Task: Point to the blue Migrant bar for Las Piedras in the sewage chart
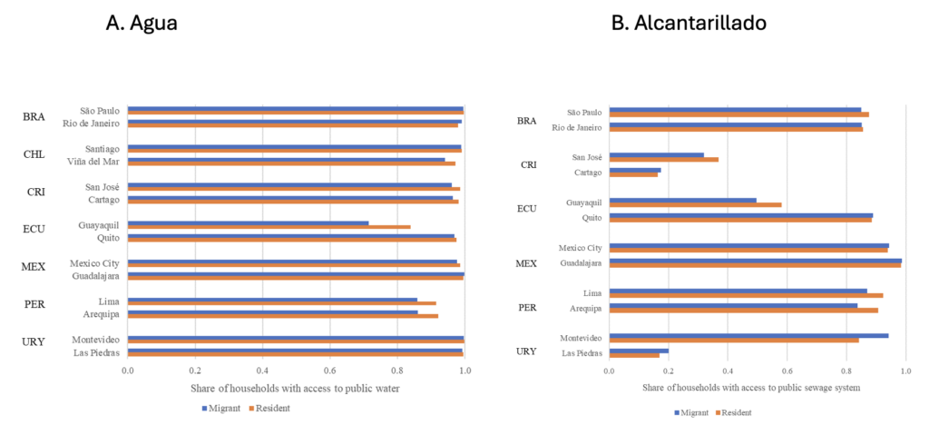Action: tap(639, 351)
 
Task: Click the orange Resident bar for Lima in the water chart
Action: tap(281, 303)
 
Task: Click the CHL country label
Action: tap(34, 154)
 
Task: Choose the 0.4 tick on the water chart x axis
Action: tap(262, 371)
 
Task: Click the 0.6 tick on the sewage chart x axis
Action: tap(787, 371)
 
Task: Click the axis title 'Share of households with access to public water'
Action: tap(295, 389)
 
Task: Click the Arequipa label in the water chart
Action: tap(99, 313)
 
